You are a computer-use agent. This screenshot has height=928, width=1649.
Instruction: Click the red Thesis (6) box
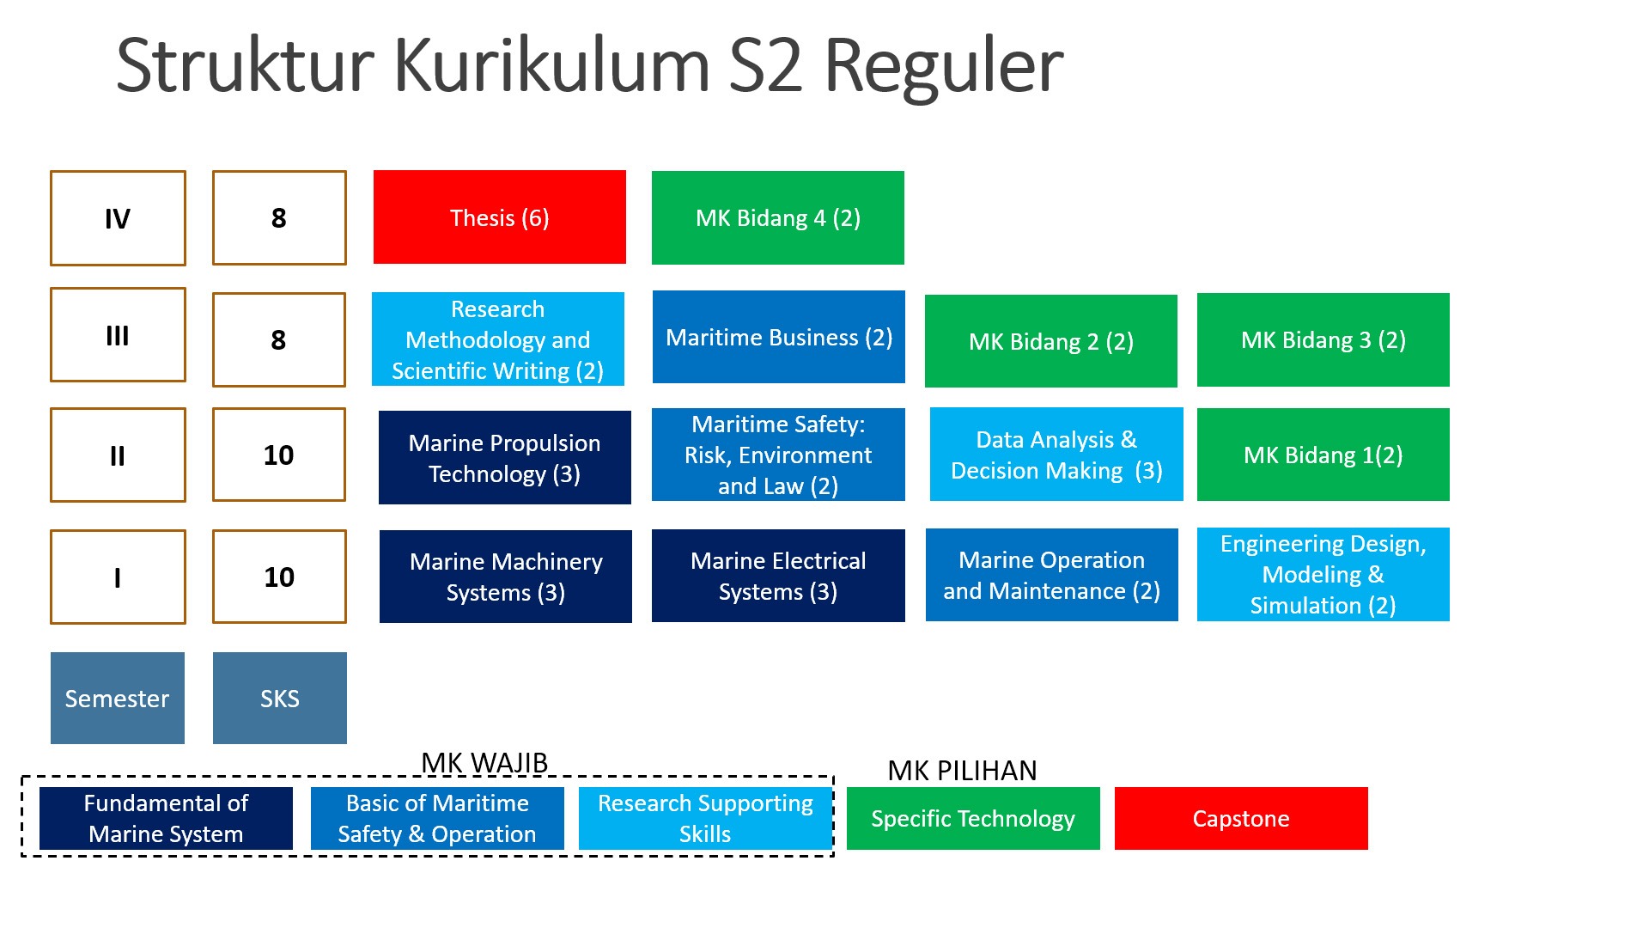click(x=499, y=217)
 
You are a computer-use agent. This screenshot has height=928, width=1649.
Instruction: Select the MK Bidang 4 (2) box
click(x=777, y=217)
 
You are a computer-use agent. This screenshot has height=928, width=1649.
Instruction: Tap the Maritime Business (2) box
click(x=778, y=337)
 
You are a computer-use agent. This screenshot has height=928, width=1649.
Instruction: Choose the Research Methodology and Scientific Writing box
click(x=498, y=339)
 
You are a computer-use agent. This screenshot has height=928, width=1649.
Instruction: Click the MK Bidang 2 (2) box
click(x=1050, y=341)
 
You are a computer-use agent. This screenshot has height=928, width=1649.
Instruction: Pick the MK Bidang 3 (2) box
click(x=1323, y=340)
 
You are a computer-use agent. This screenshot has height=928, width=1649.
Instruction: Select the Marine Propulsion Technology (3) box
click(x=504, y=458)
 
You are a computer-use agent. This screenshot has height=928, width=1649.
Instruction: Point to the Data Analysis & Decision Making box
click(x=1056, y=455)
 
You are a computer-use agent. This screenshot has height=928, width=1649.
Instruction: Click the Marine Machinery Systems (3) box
click(x=505, y=577)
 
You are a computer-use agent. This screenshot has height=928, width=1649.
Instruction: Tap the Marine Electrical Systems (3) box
click(x=778, y=576)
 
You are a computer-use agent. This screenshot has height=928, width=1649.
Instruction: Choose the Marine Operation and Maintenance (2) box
click(x=1051, y=575)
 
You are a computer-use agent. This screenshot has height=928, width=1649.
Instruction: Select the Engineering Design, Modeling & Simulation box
click(x=1323, y=574)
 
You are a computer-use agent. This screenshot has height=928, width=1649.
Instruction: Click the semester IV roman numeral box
click(x=118, y=218)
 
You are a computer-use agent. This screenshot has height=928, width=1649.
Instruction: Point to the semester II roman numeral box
click(x=118, y=455)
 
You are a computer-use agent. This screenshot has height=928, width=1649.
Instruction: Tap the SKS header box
click(x=279, y=698)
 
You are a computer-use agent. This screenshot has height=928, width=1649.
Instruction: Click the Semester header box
click(x=117, y=698)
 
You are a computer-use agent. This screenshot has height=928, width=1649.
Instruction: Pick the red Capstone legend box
click(x=1240, y=818)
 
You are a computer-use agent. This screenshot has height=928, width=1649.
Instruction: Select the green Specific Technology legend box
click(x=972, y=818)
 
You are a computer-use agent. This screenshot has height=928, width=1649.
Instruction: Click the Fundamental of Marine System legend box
click(x=166, y=818)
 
